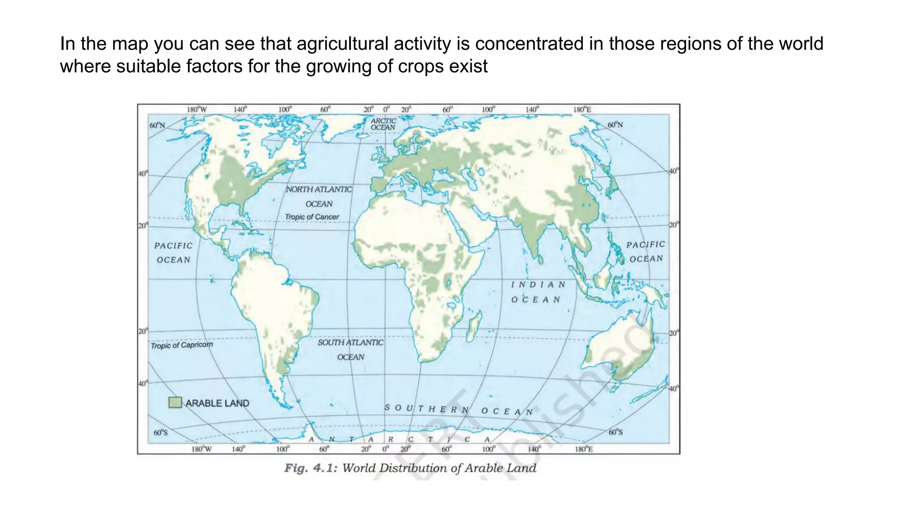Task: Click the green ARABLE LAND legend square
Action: coord(175,402)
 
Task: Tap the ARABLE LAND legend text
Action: coord(217,403)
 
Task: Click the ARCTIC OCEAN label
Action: coord(383,124)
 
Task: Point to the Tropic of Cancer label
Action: coord(312,217)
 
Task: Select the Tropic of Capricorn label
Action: coord(182,345)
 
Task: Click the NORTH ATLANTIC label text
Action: coord(319,189)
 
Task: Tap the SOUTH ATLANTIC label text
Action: coord(351,342)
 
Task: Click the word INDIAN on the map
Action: coord(538,284)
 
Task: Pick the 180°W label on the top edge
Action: coord(197,109)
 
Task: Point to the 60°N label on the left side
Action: coord(157,125)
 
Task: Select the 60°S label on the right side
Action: coord(616,432)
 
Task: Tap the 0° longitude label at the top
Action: coord(386,109)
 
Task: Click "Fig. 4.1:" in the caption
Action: coord(311,468)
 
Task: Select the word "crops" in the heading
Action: coord(423,67)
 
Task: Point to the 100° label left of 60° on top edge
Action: coord(284,109)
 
